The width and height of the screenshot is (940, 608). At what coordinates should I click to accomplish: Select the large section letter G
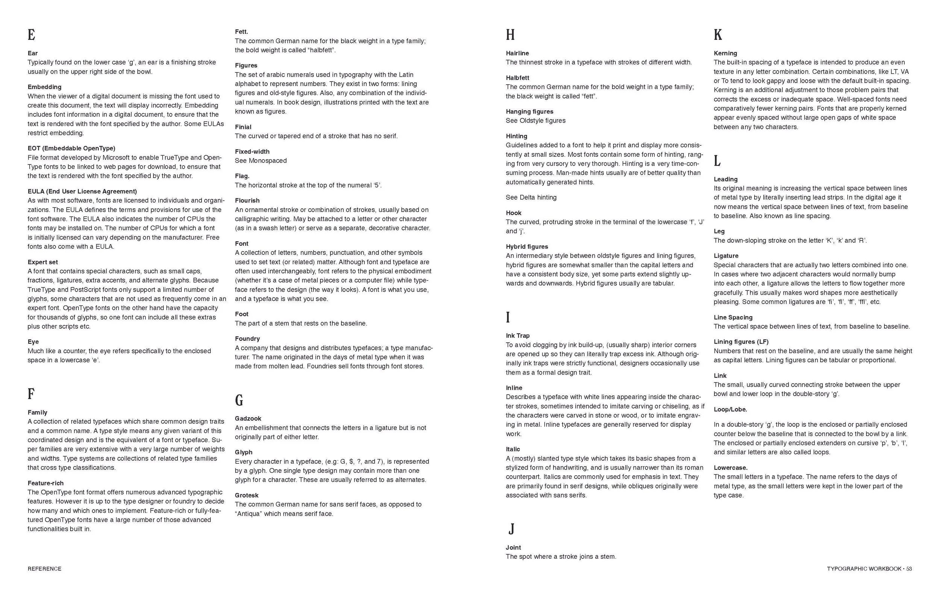(239, 400)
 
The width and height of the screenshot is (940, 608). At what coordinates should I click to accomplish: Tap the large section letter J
(511, 528)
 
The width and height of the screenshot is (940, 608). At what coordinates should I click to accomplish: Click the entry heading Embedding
(44, 87)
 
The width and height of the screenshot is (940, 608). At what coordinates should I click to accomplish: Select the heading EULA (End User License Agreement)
(82, 192)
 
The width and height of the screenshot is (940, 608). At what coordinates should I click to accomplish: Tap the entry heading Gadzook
(248, 419)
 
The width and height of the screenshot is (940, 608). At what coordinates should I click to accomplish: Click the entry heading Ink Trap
(517, 336)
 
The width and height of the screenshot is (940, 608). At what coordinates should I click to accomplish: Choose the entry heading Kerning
(725, 53)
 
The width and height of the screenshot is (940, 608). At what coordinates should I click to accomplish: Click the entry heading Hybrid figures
(527, 247)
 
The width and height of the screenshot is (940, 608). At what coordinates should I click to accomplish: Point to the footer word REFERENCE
(44, 569)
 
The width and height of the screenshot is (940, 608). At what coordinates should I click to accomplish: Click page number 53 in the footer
(909, 569)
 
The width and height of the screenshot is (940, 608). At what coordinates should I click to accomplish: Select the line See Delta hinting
(531, 197)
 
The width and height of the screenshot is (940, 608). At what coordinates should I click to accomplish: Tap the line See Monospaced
(261, 161)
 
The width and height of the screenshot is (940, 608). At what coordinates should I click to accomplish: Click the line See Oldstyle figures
(535, 120)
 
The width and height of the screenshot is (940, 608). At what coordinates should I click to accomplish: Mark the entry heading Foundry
(247, 339)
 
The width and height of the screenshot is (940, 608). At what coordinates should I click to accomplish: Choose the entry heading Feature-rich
(45, 483)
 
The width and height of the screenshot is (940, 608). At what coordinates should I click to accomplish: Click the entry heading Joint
(513, 548)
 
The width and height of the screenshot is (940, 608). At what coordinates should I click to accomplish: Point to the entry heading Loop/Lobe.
(730, 410)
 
